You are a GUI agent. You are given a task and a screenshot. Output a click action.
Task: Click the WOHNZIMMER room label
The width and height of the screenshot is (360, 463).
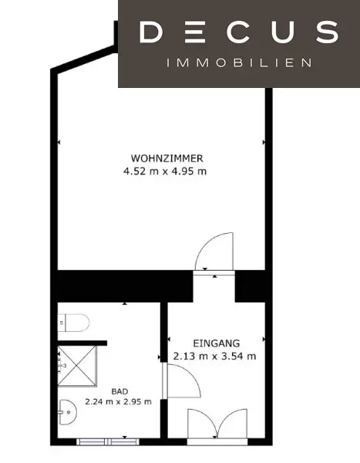click(x=167, y=158)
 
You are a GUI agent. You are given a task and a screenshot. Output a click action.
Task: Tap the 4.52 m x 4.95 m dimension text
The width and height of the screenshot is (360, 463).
click(x=165, y=171)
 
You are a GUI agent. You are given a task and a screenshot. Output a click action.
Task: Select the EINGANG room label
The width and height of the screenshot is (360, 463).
click(x=217, y=343)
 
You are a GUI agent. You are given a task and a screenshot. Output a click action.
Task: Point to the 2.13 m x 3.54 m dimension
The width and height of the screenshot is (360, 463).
click(x=214, y=356)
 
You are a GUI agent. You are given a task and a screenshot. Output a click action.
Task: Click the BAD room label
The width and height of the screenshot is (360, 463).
click(x=119, y=391)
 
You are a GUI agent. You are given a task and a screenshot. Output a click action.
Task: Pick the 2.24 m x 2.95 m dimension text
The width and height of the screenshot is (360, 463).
click(x=118, y=401)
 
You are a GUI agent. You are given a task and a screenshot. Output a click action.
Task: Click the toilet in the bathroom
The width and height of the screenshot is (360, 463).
click(x=73, y=323)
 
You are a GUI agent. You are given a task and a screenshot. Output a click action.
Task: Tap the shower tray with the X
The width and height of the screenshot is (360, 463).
click(x=77, y=366)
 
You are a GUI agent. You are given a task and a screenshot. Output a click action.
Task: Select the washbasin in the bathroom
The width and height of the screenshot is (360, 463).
click(x=68, y=412)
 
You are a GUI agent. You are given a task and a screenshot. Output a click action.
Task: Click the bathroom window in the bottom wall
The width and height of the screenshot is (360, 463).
click(x=108, y=441)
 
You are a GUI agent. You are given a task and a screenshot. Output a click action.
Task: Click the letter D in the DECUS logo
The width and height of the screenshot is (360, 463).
click(x=150, y=32)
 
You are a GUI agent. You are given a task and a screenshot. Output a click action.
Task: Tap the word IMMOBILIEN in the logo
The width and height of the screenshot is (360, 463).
click(x=239, y=63)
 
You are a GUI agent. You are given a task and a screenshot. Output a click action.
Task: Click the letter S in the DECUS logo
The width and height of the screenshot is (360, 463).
click(x=328, y=32)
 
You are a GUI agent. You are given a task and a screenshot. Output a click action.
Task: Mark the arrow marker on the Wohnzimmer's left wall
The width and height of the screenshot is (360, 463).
click(x=59, y=142)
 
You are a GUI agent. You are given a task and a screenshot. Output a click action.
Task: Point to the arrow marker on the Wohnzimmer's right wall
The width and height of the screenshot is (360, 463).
click(x=264, y=142)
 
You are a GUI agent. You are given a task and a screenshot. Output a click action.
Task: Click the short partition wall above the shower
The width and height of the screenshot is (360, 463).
click(x=82, y=343)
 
